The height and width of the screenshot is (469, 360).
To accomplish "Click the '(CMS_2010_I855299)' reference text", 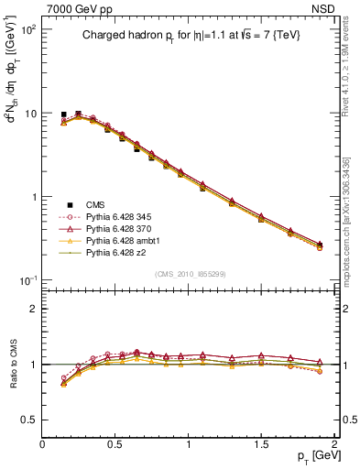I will (191, 274).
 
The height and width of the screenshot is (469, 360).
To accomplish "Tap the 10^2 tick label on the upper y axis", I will (28, 30).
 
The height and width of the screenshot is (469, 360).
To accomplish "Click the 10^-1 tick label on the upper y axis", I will (28, 280).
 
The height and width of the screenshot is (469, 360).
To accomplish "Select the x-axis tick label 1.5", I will (262, 444).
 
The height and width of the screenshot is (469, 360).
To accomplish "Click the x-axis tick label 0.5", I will (115, 444).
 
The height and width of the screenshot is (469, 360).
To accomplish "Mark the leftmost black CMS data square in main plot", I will (63, 115).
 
